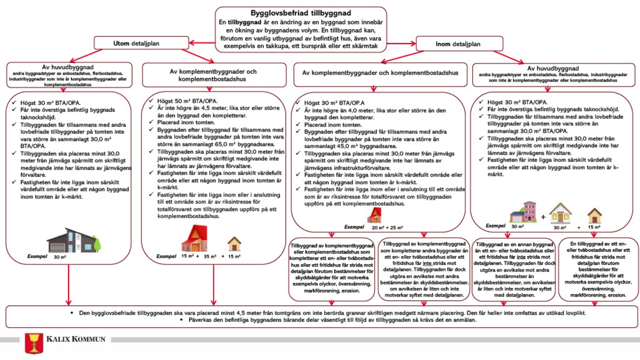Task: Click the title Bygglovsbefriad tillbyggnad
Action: click(300, 13)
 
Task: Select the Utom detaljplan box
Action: click(136, 43)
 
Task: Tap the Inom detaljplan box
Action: click(458, 44)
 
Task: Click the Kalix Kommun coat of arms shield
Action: click(34, 343)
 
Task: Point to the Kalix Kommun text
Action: click(76, 339)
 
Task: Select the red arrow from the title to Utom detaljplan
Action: click(202, 42)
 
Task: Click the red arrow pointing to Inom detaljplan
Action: click(402, 43)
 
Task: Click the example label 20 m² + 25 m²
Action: click(387, 228)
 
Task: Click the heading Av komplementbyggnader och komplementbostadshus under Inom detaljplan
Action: click(380, 73)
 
